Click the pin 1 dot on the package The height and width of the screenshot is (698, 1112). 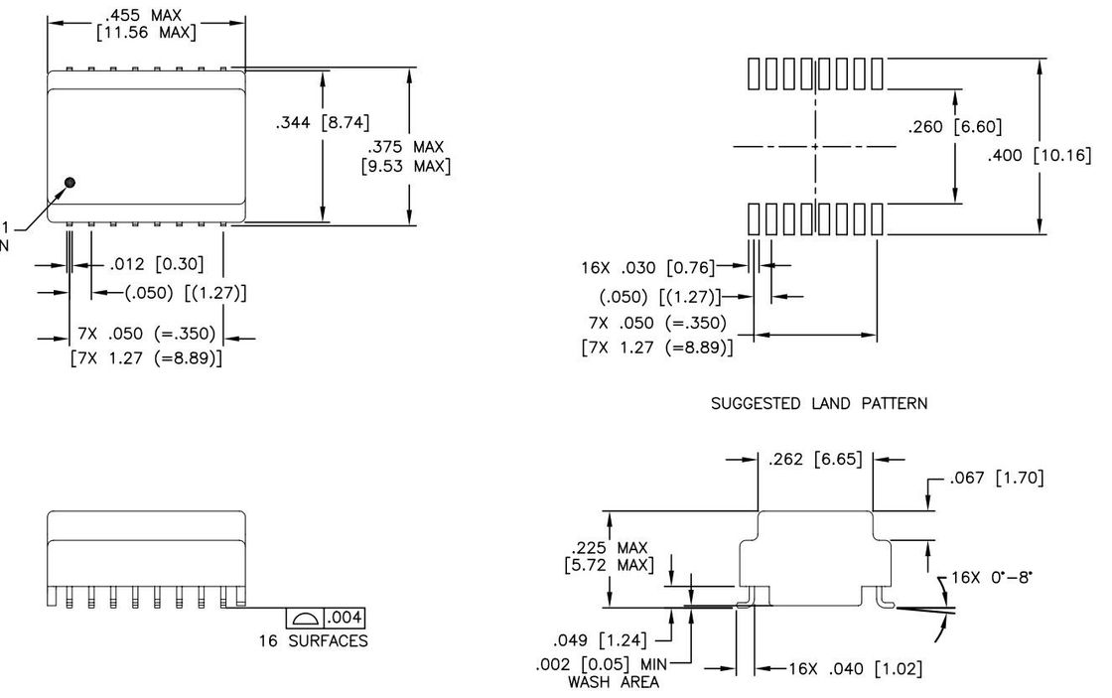(x=70, y=182)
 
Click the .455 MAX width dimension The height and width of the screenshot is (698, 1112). (x=146, y=15)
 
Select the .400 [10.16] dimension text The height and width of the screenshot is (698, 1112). (x=1040, y=155)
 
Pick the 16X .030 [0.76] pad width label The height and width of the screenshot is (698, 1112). (x=647, y=267)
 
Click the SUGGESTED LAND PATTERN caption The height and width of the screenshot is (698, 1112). (x=819, y=404)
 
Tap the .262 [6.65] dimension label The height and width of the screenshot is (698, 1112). (x=814, y=459)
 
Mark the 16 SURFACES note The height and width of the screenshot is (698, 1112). (x=310, y=641)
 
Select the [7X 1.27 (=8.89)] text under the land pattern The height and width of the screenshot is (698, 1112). (x=657, y=348)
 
